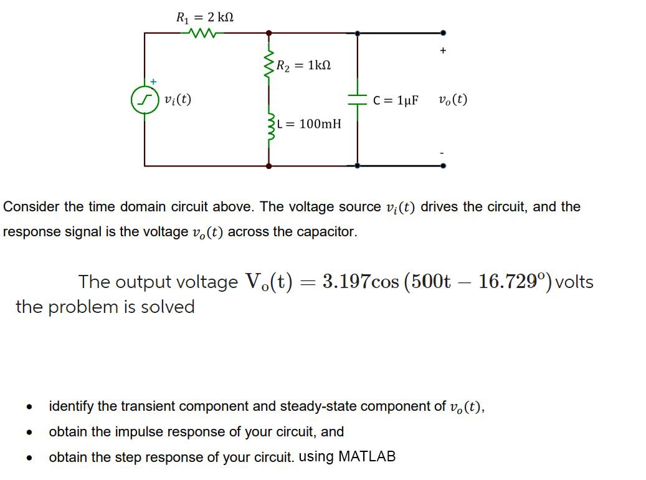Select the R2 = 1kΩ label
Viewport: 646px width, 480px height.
click(x=303, y=64)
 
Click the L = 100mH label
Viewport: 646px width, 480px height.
click(x=313, y=123)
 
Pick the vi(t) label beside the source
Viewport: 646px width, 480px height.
click(x=178, y=98)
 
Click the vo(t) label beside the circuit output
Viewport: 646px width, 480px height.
click(x=453, y=100)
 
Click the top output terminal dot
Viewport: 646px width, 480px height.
click(x=443, y=32)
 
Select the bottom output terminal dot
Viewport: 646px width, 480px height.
click(x=443, y=166)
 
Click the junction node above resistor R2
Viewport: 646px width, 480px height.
click(x=269, y=32)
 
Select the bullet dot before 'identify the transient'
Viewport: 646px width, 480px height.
click(x=29, y=408)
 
